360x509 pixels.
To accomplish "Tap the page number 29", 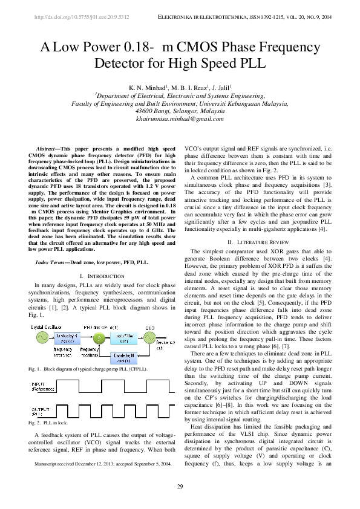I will tap(180, 487).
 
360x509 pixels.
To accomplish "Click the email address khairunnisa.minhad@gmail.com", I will tap(180, 119).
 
